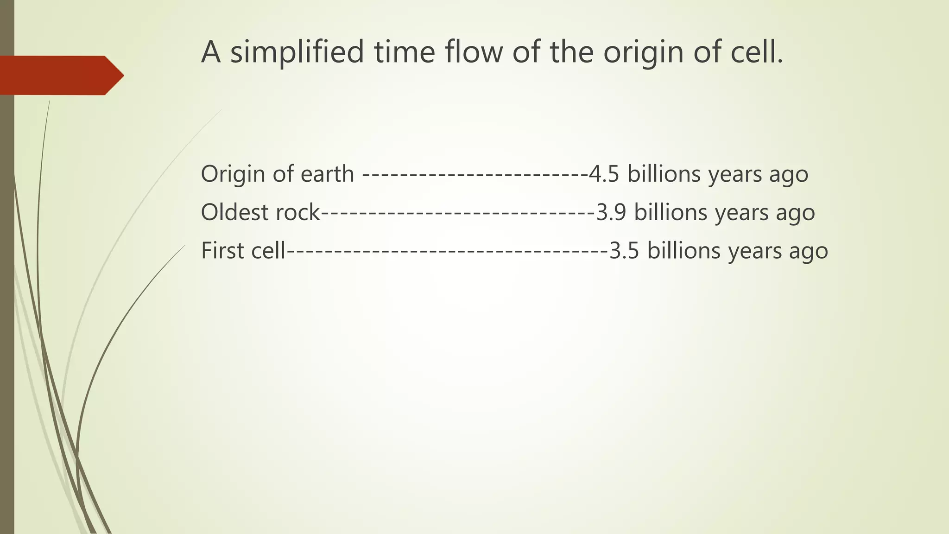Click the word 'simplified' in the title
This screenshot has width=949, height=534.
297,52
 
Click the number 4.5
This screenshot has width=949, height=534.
604,174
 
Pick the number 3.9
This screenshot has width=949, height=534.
611,213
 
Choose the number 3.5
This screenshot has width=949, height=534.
624,251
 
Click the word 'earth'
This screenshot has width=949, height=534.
327,174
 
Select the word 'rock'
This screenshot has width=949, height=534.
297,213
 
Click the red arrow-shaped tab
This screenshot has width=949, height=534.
60,75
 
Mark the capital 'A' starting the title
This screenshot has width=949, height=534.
211,52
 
